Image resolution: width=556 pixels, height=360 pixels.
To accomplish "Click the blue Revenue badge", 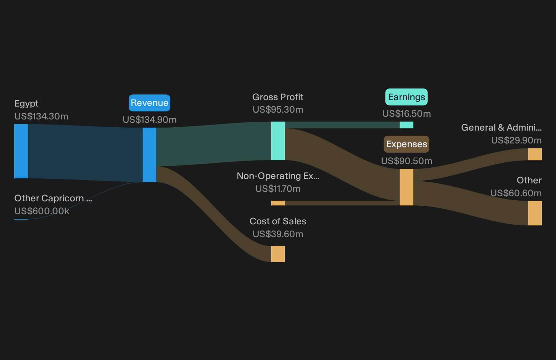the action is (149, 103).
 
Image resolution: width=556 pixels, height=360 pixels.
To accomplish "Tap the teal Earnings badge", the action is (406, 97).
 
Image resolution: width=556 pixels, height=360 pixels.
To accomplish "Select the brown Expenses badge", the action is (406, 144).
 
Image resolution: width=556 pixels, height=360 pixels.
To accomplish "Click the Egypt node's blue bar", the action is (21, 151).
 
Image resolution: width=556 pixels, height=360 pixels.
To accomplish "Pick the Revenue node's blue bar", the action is (149, 155).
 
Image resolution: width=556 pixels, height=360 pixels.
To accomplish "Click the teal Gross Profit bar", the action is (278, 141).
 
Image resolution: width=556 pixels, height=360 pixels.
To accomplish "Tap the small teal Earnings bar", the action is (406, 125).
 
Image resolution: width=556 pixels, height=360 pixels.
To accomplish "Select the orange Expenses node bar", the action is (406, 187).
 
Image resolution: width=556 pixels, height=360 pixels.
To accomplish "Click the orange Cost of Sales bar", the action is (278, 254).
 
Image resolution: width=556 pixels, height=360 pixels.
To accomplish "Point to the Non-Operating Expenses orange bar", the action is (278, 203).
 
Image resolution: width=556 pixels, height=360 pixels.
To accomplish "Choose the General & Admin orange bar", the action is (535, 154).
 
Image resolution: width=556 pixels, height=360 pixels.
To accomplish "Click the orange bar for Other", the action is (535, 213).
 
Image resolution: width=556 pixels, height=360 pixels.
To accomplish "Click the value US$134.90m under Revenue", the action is (150, 120).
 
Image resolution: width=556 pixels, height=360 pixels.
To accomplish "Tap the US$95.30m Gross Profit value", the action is (278, 110).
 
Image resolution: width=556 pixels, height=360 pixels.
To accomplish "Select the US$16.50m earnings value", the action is (407, 114).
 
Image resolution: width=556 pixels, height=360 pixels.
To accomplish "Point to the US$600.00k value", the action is (42, 211).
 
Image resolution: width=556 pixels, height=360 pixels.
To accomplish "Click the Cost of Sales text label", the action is (278, 221).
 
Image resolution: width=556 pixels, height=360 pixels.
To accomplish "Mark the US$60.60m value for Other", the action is (516, 193).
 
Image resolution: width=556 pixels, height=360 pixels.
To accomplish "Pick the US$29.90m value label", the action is (516, 140).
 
